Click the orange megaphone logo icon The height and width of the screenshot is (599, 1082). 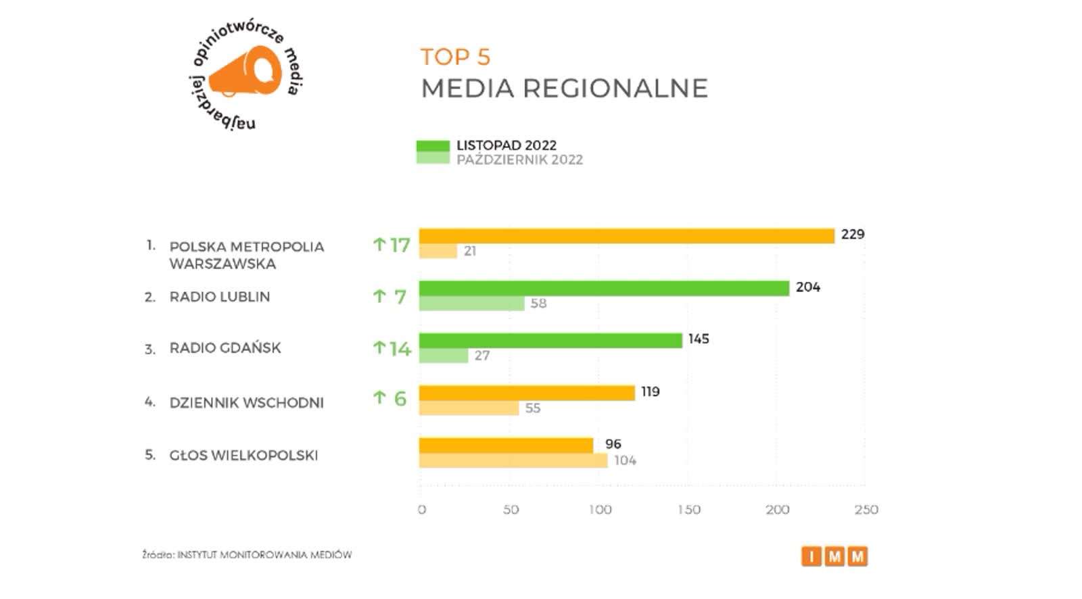(245, 72)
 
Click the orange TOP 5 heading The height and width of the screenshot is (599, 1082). (455, 57)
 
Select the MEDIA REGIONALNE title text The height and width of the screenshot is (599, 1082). (564, 89)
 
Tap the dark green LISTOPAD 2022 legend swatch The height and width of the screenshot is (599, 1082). (433, 146)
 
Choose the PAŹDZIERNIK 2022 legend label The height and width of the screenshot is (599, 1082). (519, 160)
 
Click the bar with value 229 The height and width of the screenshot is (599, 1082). (626, 236)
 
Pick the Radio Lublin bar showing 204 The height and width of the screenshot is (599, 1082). (604, 289)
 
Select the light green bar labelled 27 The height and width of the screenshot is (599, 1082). (444, 356)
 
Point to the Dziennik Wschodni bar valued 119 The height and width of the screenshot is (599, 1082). (527, 393)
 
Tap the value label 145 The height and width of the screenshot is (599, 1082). (699, 339)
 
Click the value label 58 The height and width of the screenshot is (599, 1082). (538, 304)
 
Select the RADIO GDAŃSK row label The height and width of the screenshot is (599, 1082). (225, 348)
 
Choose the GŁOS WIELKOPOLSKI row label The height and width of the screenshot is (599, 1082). (243, 456)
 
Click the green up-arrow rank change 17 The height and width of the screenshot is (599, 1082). (392, 245)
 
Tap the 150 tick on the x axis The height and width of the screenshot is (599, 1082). (689, 510)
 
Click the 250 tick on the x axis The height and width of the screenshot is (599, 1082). (866, 510)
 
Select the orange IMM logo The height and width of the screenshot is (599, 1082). (834, 556)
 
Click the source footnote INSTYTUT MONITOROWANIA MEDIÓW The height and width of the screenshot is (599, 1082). (247, 555)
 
